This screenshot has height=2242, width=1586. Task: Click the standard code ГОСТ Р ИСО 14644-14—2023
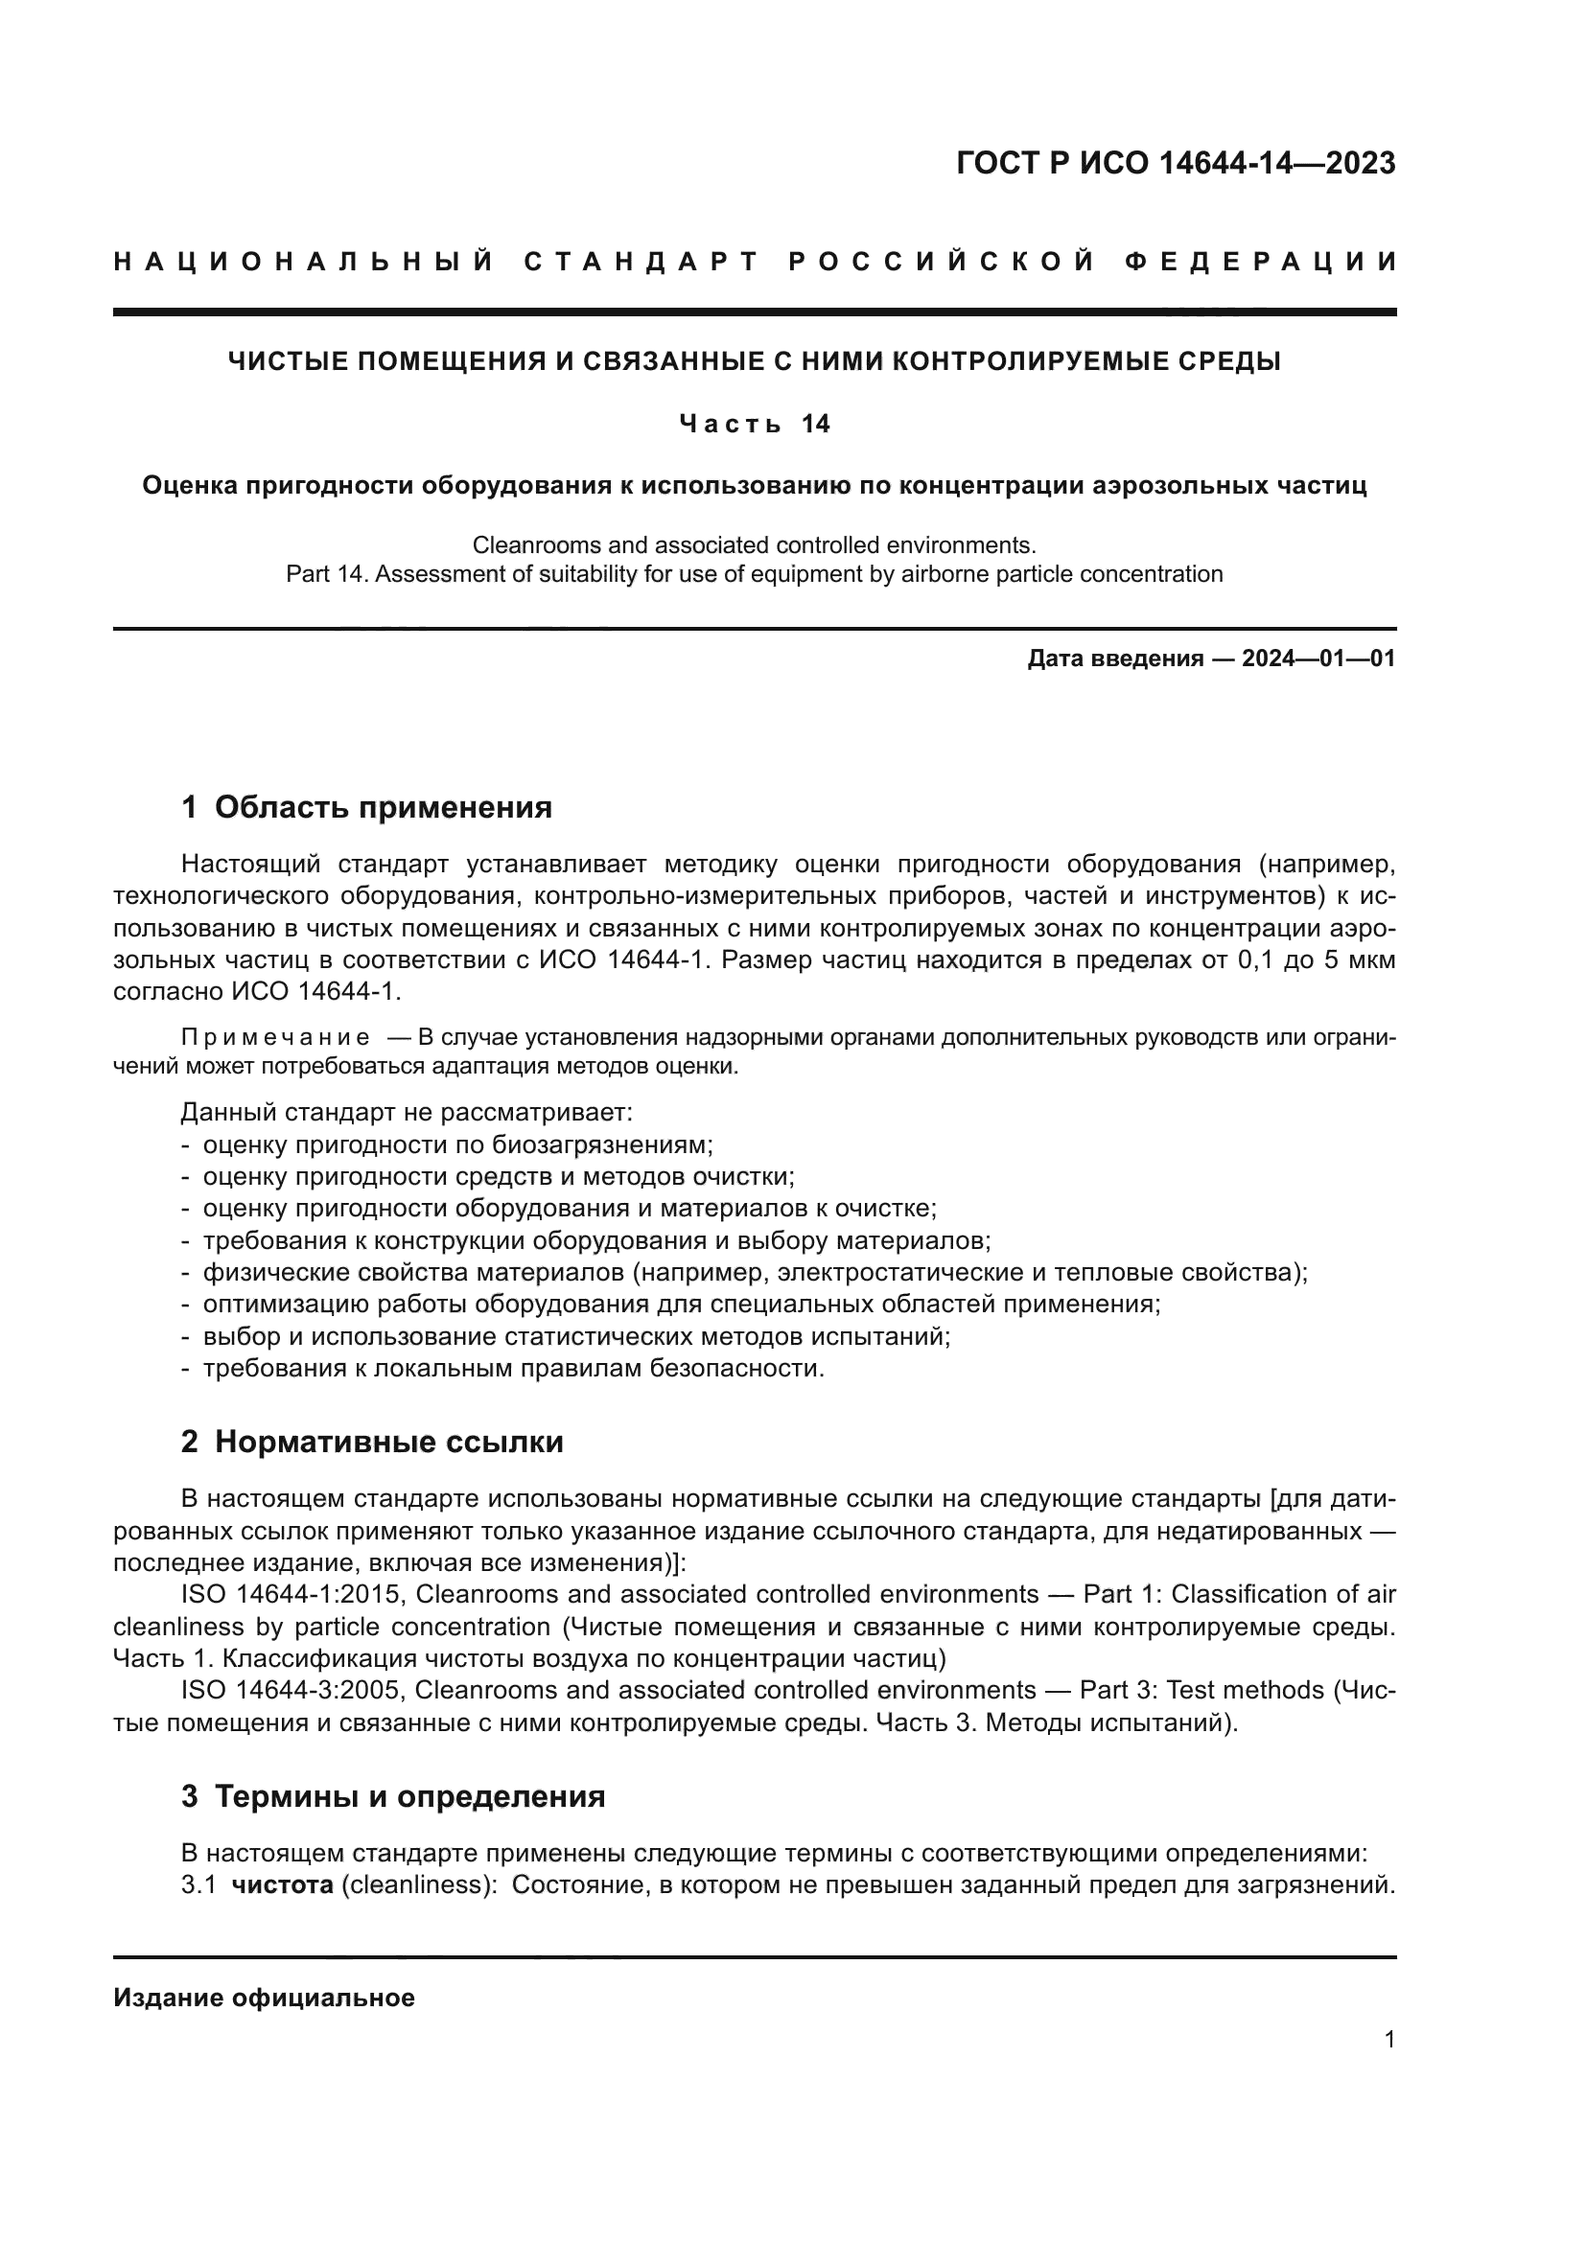pos(1175,163)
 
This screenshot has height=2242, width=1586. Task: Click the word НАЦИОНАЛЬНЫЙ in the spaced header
pos(303,262)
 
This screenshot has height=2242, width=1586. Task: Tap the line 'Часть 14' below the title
pos(754,424)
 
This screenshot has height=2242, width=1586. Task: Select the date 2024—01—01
pos(1318,659)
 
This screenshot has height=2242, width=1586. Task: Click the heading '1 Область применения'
pos(366,807)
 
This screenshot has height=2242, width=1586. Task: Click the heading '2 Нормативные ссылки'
pos(372,1442)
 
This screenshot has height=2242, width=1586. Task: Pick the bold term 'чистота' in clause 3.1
pos(282,1884)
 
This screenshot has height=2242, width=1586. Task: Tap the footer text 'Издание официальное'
pos(264,1998)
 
